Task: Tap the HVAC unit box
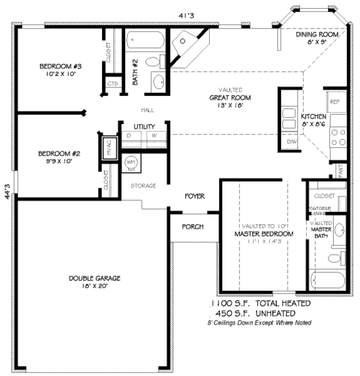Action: (109, 147)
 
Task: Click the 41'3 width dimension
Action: (187, 15)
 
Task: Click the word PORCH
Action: (193, 227)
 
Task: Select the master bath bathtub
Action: (327, 281)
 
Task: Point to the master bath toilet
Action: (335, 259)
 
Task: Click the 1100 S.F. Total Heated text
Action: (260, 303)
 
